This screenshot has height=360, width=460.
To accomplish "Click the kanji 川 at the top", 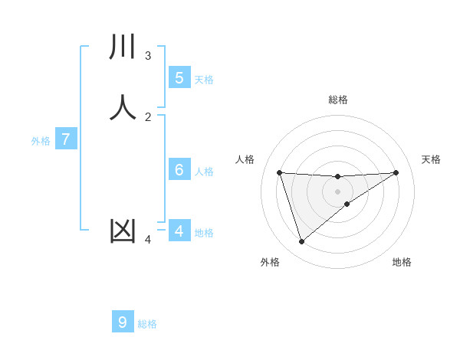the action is pos(123,47).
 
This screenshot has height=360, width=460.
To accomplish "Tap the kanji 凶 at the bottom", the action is pos(123,231).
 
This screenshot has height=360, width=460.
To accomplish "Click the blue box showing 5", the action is pos(179,77).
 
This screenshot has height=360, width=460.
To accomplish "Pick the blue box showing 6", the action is pos(179,170).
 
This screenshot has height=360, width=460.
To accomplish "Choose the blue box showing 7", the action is pos(66,139).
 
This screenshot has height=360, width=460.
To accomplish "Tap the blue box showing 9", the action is pos(123,322).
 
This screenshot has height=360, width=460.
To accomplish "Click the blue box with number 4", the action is pos(179,231).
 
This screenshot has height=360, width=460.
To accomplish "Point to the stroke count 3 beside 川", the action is pos(148,55).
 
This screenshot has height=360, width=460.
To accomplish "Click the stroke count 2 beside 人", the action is pos(148,116).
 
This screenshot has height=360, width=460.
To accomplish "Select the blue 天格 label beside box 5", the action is pos(204,79).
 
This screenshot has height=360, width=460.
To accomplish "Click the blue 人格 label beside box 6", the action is pos(204,172).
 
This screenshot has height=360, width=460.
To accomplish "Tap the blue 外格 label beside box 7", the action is pos(41,141).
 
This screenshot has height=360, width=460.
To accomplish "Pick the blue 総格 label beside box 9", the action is pos(147,324).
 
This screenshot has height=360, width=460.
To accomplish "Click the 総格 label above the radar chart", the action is pos(337,100).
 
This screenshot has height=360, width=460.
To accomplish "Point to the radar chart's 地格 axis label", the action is pos(402,262).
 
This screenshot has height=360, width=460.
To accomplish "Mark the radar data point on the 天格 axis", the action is pos(396,172).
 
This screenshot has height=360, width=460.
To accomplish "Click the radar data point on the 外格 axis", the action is pos(301,242).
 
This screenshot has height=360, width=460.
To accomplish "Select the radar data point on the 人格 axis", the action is pos(279,172).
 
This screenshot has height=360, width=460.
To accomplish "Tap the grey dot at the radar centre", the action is pos(337,191).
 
